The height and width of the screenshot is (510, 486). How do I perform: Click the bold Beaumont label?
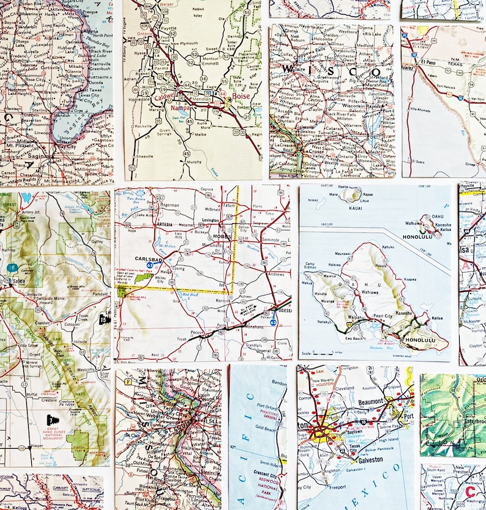click(367, 402)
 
